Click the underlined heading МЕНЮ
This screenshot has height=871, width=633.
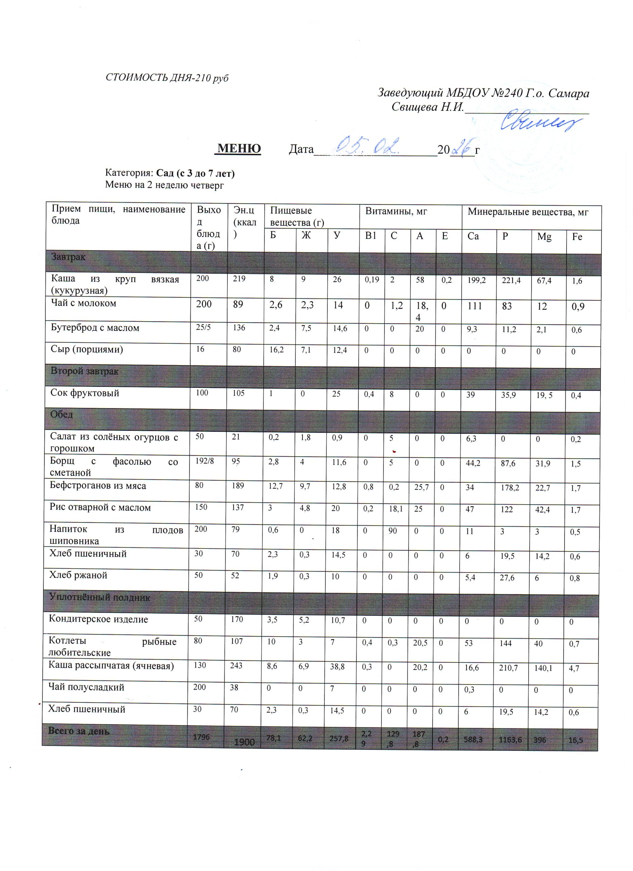point(239,149)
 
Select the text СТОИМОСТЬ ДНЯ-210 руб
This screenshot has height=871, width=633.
point(167,78)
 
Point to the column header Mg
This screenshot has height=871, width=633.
point(544,237)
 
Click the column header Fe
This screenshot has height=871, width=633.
point(577,237)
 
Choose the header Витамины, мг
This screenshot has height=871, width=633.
point(396,212)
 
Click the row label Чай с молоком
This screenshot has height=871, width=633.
point(84,303)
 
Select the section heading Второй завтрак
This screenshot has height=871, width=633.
point(84,371)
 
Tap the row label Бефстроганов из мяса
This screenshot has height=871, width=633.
point(98,486)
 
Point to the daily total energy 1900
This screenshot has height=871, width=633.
point(244,742)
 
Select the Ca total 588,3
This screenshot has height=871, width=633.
point(475,739)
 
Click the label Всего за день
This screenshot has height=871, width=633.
point(79,732)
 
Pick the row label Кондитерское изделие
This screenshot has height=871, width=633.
point(98,620)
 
